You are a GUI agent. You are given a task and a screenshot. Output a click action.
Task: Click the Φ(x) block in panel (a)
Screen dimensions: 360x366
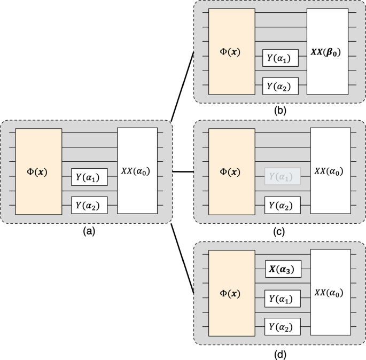pyautogui.click(x=38, y=170)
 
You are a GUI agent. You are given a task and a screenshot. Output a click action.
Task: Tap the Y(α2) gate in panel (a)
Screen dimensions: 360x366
pyautogui.click(x=89, y=204)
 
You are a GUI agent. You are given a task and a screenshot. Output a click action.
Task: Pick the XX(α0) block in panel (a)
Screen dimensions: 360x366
pyautogui.click(x=137, y=170)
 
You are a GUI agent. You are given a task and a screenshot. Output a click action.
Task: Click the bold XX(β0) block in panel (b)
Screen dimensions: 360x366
pyautogui.click(x=326, y=52)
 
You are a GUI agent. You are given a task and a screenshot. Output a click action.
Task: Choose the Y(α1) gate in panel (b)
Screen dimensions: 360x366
pyautogui.click(x=280, y=58)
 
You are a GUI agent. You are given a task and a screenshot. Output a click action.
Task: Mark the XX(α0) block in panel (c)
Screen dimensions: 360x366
pyautogui.click(x=330, y=170)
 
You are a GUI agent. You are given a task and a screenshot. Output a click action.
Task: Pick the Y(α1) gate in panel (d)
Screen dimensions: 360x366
pyautogui.click(x=283, y=298)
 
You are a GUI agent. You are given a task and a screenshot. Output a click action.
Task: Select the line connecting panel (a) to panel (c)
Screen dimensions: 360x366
pyautogui.click(x=183, y=171)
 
